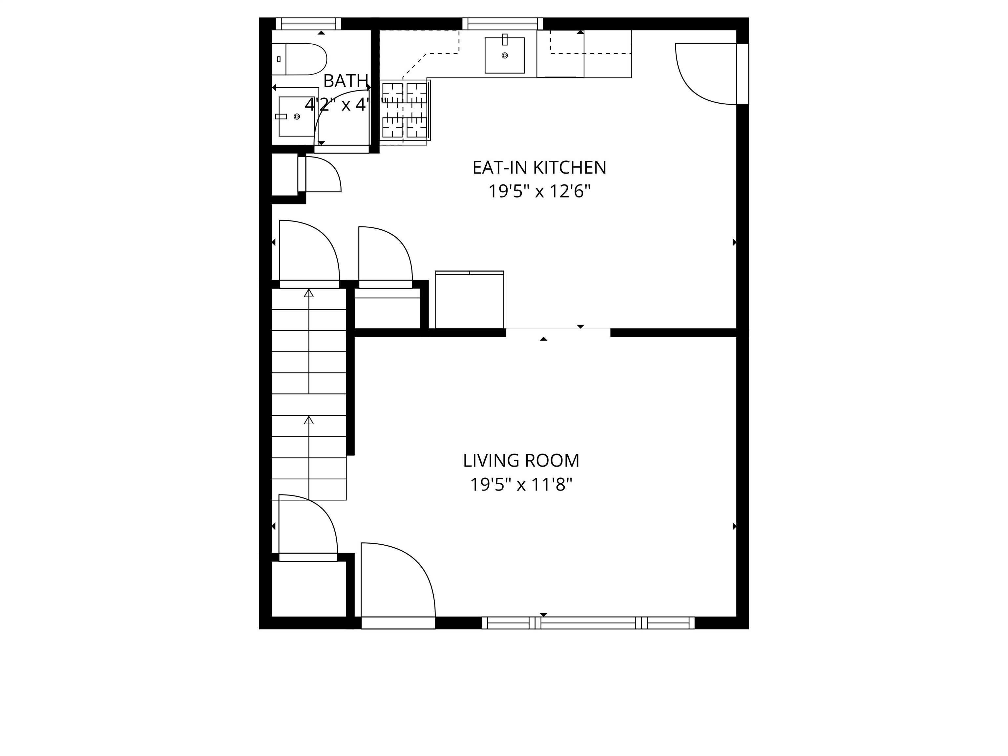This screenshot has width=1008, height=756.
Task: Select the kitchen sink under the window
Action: click(x=504, y=55)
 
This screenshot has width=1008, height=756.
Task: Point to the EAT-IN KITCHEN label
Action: click(x=539, y=168)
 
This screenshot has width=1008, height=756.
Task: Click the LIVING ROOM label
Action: click(x=521, y=461)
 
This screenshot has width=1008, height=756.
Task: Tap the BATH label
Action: click(x=346, y=81)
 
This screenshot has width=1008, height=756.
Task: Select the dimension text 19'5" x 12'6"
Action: click(x=539, y=191)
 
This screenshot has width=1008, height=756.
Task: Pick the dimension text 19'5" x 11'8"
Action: click(x=521, y=484)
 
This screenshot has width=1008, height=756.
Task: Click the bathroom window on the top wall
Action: click(x=308, y=24)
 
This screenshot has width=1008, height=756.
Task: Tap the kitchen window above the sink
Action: click(x=503, y=24)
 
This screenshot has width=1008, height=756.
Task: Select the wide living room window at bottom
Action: click(x=588, y=623)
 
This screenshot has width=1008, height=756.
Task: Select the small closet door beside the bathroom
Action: click(x=321, y=174)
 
